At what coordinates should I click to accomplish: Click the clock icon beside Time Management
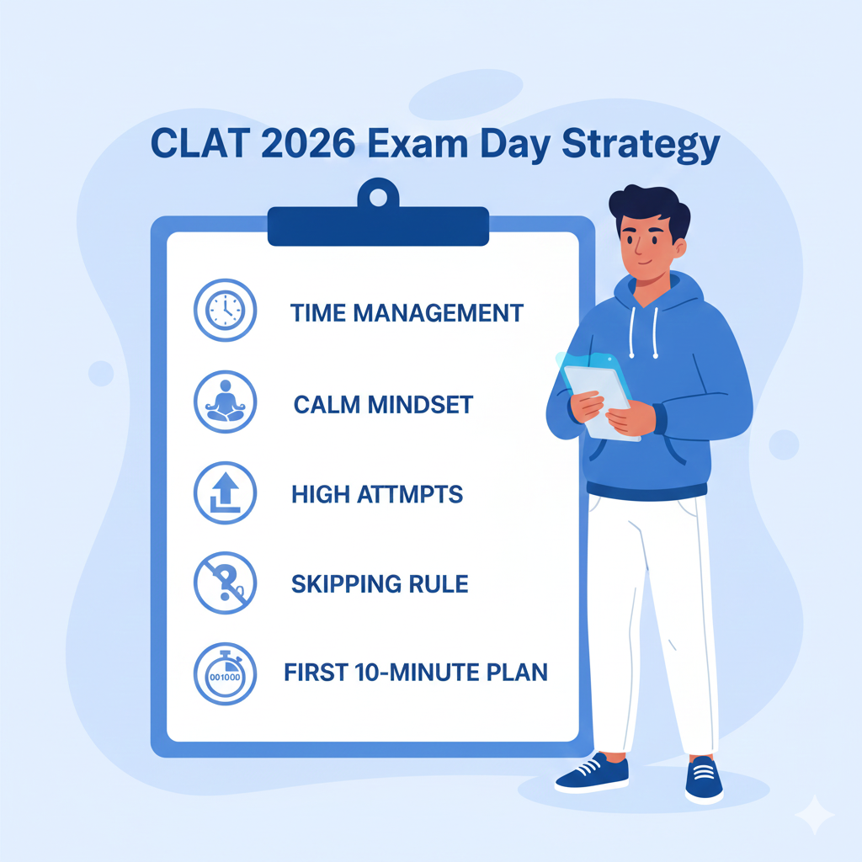pyautogui.click(x=224, y=311)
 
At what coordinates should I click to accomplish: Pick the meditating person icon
pyautogui.click(x=224, y=402)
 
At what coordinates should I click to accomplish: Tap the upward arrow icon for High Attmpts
pyautogui.click(x=224, y=493)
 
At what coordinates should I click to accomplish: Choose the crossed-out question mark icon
pyautogui.click(x=224, y=583)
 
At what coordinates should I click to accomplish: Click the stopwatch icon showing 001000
pyautogui.click(x=224, y=673)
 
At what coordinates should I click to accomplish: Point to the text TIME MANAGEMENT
pyautogui.click(x=407, y=313)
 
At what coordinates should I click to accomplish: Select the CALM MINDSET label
pyautogui.click(x=383, y=404)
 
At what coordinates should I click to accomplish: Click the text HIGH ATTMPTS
pyautogui.click(x=377, y=494)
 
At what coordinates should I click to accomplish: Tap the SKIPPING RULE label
pyautogui.click(x=380, y=583)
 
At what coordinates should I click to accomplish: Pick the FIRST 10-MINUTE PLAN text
pyautogui.click(x=416, y=673)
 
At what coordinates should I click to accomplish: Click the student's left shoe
pyautogui.click(x=704, y=779)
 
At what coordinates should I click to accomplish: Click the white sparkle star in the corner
pyautogui.click(x=815, y=815)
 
